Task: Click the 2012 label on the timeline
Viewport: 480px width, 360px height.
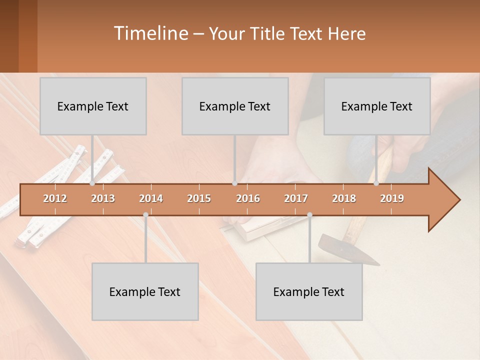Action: click(x=55, y=199)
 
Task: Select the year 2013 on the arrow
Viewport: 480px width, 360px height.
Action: click(x=103, y=199)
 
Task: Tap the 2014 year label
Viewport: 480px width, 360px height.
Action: click(x=151, y=199)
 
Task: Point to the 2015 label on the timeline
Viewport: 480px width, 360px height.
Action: click(x=199, y=199)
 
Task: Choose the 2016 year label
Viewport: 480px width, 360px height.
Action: click(x=248, y=199)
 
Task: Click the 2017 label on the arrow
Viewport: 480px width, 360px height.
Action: click(x=296, y=199)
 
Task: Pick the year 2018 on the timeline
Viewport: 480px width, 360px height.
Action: click(x=344, y=199)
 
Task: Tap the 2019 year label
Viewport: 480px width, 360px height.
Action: click(x=392, y=199)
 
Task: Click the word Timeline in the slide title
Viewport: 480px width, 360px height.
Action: click(x=150, y=33)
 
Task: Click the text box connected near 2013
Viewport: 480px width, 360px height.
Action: click(x=93, y=106)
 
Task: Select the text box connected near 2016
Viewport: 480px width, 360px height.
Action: click(x=235, y=106)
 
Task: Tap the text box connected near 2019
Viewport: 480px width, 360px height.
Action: click(x=377, y=106)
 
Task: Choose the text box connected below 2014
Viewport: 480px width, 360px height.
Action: click(x=145, y=291)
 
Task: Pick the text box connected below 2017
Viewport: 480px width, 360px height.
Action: click(x=309, y=291)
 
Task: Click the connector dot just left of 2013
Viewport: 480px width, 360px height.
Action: click(x=92, y=183)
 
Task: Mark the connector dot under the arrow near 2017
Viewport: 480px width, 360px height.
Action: click(x=309, y=215)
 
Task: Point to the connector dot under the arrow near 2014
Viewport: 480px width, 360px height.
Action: click(x=145, y=215)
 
